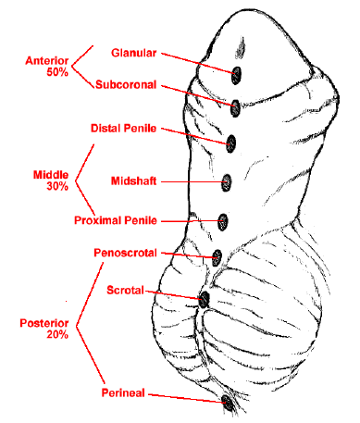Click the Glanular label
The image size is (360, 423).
point(134,53)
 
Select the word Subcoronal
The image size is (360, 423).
point(126,84)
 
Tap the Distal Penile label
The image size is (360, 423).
point(123,129)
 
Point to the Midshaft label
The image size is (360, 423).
point(133,180)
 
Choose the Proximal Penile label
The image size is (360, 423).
point(116,220)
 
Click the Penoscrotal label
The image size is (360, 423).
point(125,253)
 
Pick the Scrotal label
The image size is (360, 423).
point(125,290)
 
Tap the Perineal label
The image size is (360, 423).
point(123,392)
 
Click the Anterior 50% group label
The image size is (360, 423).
point(47,67)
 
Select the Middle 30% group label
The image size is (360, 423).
point(51,180)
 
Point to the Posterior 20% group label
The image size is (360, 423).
point(44,329)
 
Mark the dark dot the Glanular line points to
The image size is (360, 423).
point(236,75)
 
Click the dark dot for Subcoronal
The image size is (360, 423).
point(235,108)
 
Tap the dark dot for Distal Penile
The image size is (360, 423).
point(231,143)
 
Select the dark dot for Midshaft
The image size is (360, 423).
point(227,182)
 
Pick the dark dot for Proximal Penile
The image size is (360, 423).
point(222,222)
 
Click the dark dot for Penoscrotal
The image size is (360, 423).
point(217,258)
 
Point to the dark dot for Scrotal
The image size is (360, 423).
point(204,300)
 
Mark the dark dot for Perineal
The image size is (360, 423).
point(228,403)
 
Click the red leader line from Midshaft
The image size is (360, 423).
point(192,182)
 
